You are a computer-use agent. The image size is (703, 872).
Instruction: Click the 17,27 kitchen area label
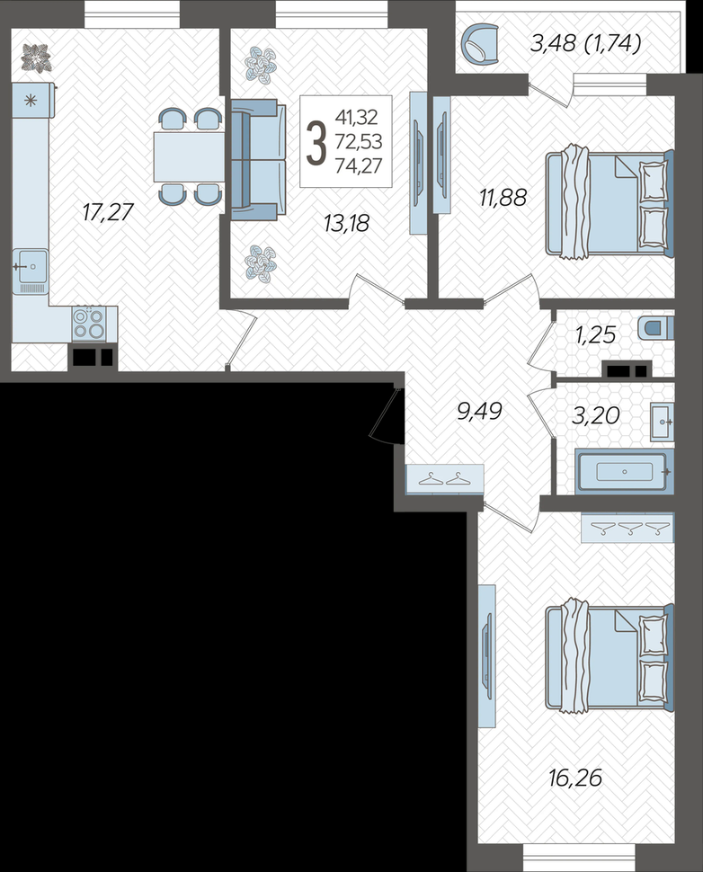[x=109, y=212]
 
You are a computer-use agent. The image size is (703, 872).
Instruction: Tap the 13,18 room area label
[x=346, y=224]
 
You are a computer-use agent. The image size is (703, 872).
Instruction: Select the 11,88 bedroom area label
[x=503, y=198]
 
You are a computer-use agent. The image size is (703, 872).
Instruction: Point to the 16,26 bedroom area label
[x=575, y=778]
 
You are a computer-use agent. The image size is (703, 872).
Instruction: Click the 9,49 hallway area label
[x=479, y=412]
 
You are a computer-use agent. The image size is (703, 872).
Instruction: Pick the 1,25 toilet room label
[x=596, y=334]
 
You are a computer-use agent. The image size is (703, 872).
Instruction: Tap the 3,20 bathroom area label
[x=596, y=415]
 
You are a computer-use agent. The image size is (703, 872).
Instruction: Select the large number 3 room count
[x=316, y=143]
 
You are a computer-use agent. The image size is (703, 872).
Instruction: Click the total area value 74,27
[x=359, y=165]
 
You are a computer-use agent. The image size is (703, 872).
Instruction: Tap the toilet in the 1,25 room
[x=655, y=328]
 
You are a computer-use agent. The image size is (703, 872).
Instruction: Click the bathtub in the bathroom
[x=624, y=472]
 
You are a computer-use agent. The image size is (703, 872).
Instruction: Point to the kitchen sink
[x=31, y=271]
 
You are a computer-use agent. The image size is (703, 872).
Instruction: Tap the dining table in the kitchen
[x=189, y=156]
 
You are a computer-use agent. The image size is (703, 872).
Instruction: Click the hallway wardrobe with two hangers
[x=444, y=479]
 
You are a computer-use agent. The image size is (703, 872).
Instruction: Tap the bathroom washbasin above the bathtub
[x=662, y=423]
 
